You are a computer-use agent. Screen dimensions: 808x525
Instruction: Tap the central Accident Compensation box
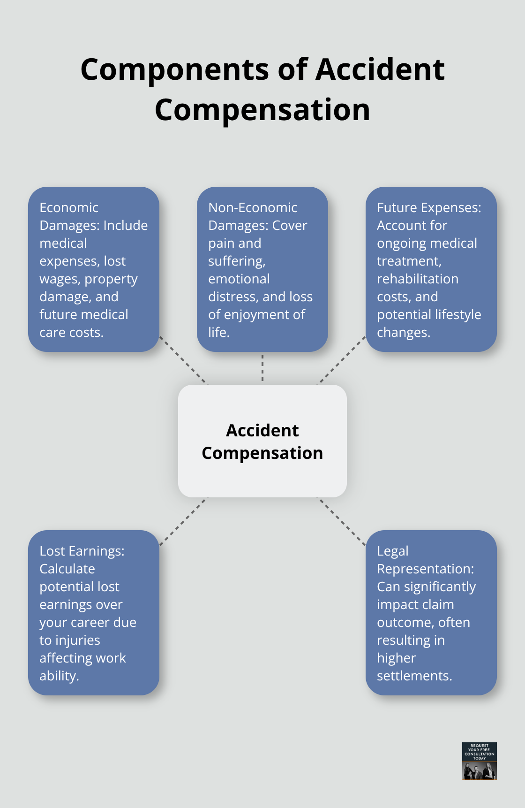[x=262, y=441]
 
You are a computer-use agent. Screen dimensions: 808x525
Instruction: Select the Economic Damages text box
[x=94, y=269]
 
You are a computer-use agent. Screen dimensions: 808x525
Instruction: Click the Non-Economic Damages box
[x=262, y=269]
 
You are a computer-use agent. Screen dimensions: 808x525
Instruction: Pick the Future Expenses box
[x=431, y=269]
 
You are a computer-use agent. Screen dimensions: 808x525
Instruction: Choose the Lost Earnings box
[x=94, y=612]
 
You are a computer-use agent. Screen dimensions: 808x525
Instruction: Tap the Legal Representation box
[x=431, y=612]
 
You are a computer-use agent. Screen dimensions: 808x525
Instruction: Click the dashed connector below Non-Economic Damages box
[x=262, y=368]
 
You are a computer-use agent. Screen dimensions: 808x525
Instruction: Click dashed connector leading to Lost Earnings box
[x=183, y=521]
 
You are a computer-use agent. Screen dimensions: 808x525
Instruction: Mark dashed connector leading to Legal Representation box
[x=342, y=521]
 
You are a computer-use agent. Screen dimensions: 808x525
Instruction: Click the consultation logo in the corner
[x=479, y=761]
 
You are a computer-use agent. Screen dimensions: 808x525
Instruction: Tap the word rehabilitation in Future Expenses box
[x=418, y=279]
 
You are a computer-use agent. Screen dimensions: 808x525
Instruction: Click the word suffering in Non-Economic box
[x=236, y=261]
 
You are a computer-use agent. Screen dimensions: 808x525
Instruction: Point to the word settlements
[x=414, y=676]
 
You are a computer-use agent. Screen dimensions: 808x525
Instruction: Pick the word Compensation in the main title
[x=262, y=110]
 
